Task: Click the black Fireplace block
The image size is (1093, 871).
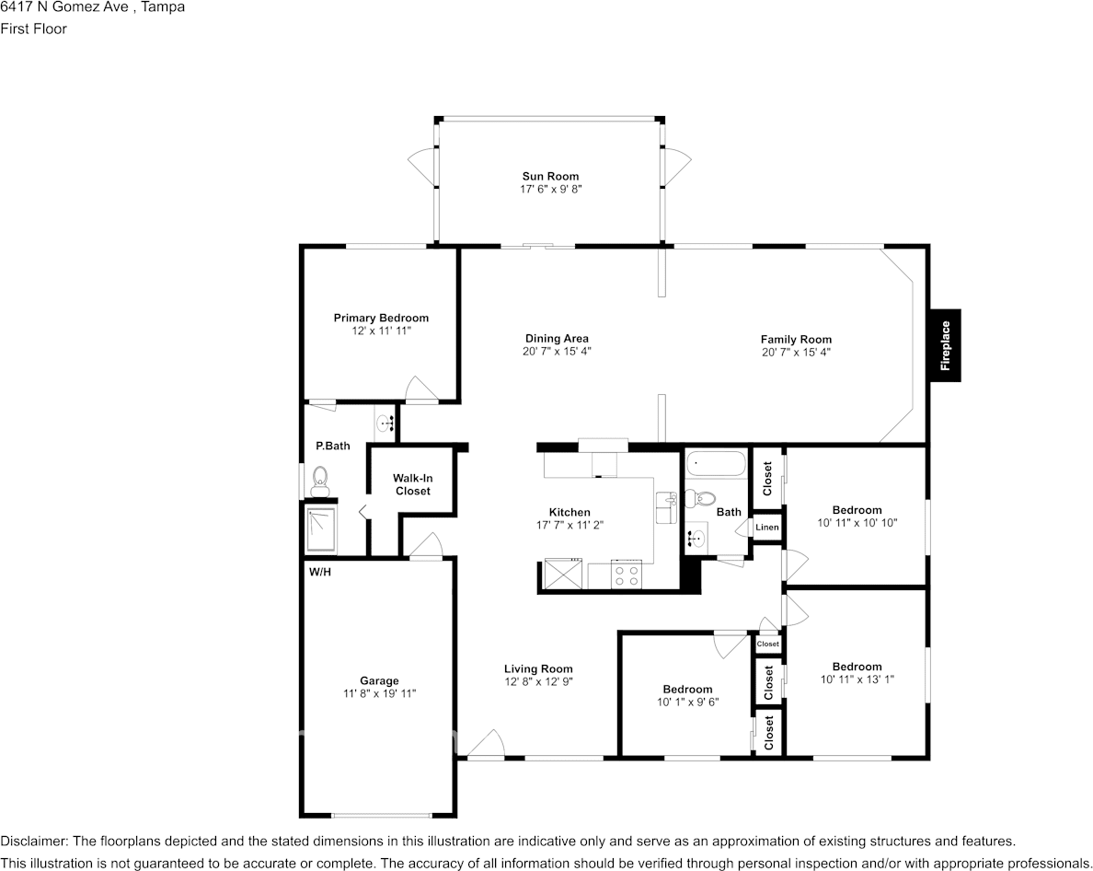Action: coord(945,344)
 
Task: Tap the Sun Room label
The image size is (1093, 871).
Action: coord(550,176)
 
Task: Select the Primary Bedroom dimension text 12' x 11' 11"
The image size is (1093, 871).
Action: coord(381,330)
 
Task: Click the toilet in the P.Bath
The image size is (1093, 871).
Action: coord(320,479)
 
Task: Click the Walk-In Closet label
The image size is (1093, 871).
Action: coord(412,484)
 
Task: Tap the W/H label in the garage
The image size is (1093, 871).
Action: coord(319,572)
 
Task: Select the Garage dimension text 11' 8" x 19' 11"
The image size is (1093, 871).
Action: coord(379,693)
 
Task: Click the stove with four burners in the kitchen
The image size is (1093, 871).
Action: coord(627,575)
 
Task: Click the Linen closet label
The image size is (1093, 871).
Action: coord(767,528)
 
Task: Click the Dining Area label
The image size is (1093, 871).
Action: coord(557,338)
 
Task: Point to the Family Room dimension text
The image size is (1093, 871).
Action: coord(796,352)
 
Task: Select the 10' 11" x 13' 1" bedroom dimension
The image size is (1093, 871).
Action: coord(857,679)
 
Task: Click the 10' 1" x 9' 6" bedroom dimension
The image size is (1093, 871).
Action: coord(687,702)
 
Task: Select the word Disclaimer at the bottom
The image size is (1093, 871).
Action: coord(33,841)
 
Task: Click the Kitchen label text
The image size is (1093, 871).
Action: coord(570,512)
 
